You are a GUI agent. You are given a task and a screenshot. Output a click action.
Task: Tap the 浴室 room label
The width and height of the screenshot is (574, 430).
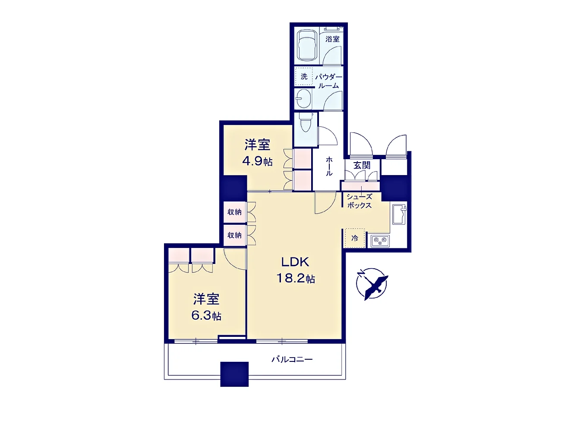[332, 39]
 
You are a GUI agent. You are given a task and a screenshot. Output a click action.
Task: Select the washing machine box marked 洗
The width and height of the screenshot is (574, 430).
[304, 76]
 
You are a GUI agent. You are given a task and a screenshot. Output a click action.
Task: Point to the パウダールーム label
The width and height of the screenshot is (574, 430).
[329, 81]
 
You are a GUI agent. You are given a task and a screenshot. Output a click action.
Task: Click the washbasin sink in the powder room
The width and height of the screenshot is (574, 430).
[303, 99]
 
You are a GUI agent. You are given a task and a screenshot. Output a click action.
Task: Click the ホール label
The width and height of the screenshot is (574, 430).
[329, 166]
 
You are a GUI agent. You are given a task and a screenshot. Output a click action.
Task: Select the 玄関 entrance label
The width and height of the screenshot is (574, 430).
[362, 165]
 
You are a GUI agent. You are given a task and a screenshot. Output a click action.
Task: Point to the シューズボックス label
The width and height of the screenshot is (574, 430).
[360, 201]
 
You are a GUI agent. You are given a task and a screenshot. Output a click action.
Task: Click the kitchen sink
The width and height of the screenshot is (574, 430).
[399, 214]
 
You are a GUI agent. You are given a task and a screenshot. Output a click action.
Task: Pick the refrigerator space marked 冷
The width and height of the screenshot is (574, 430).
[355, 238]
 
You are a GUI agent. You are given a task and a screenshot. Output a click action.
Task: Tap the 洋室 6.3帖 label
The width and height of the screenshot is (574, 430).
[206, 307]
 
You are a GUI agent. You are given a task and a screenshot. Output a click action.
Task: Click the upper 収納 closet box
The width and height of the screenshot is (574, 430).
[235, 212]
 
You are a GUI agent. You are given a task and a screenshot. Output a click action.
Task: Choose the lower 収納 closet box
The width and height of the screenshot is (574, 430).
[235, 235]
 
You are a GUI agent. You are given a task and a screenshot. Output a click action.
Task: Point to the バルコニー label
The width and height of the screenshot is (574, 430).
[292, 360]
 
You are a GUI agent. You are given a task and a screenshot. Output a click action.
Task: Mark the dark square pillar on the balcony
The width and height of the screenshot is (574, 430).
[234, 374]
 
